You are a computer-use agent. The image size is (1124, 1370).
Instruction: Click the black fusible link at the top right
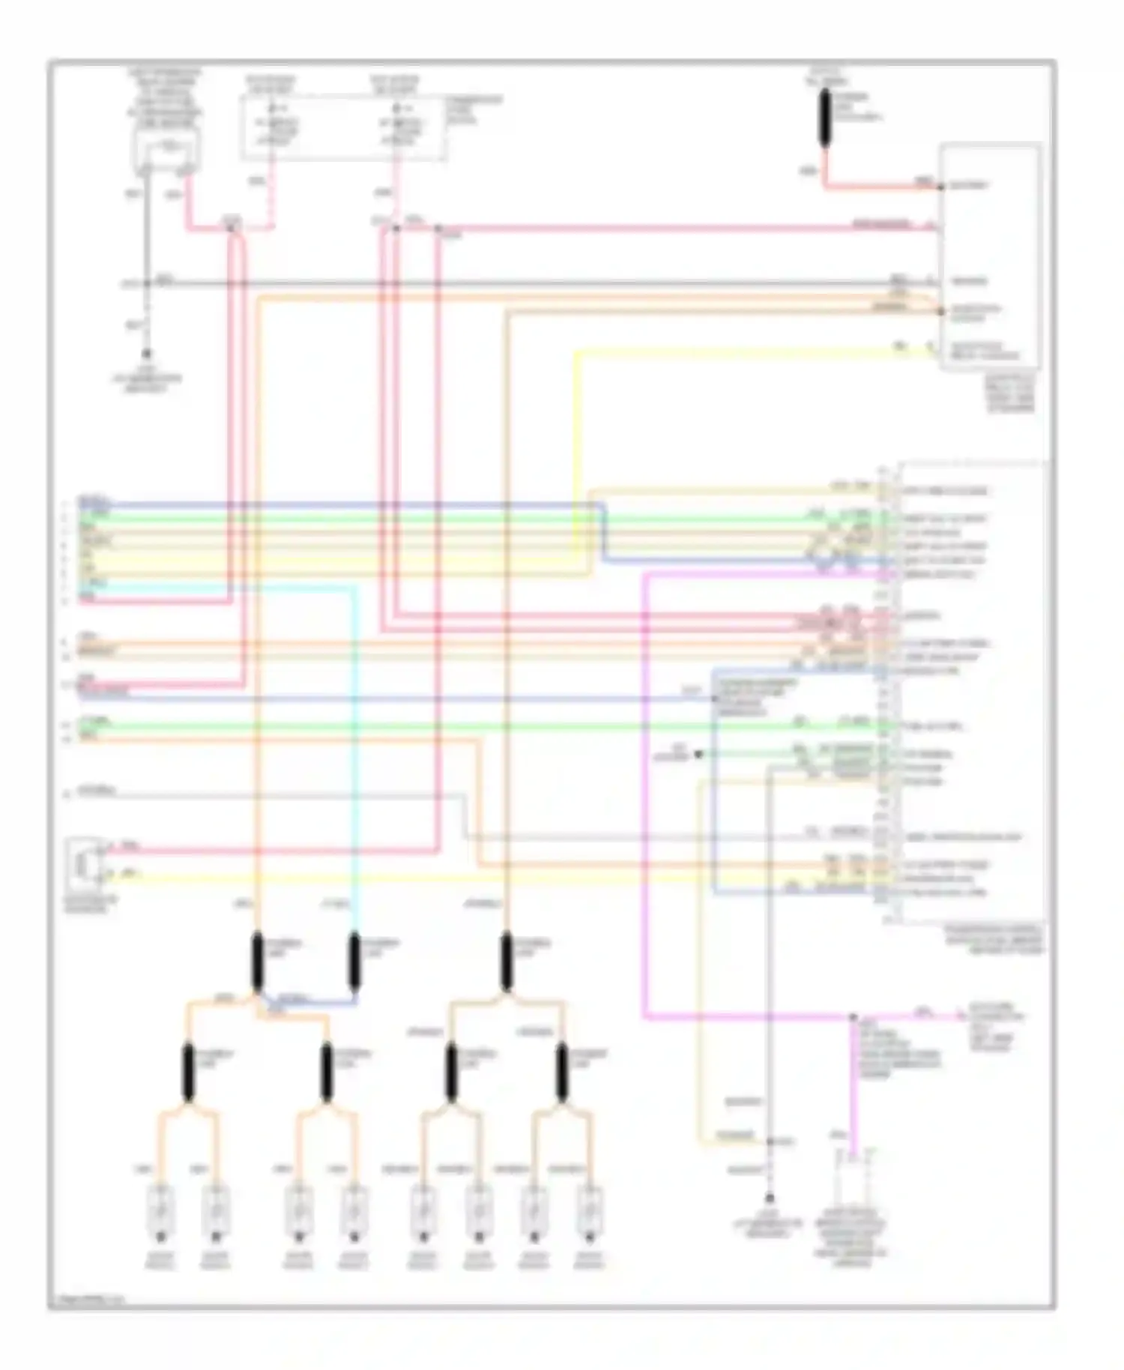coord(825,118)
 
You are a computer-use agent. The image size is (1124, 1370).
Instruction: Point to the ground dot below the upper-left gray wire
coord(147,353)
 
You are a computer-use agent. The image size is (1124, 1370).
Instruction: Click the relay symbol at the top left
coord(166,148)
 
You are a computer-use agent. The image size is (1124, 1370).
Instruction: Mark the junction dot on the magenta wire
coord(852,1018)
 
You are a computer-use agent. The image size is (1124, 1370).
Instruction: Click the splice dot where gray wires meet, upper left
coord(147,283)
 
